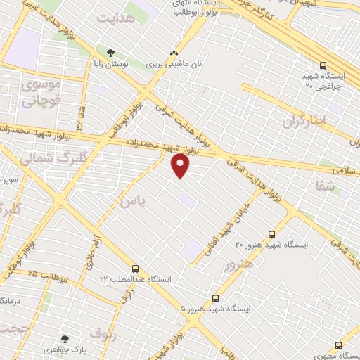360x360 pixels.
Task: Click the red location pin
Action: point(181,165)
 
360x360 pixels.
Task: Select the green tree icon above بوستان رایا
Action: point(110,52)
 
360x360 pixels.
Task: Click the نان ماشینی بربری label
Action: point(174,64)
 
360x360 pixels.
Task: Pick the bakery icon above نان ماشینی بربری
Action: point(174,52)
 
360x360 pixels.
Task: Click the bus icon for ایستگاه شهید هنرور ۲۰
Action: point(271,234)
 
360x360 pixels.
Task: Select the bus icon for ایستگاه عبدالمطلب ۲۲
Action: point(136,269)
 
